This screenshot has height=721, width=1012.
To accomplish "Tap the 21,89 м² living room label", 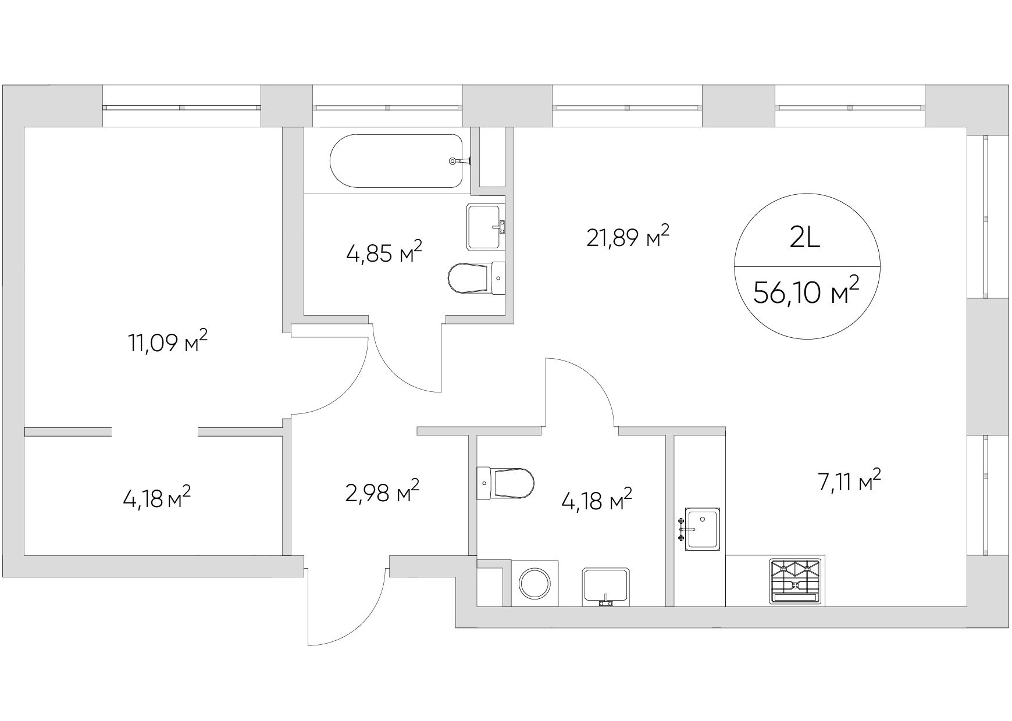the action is [x=628, y=237].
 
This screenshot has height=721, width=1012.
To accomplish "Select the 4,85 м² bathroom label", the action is [x=384, y=254].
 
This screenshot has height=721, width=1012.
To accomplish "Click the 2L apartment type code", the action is [x=806, y=239].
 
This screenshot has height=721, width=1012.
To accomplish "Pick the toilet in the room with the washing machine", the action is [x=505, y=483].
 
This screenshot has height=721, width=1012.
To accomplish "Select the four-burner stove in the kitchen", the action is [x=795, y=581].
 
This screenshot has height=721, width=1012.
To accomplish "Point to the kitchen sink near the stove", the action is [x=701, y=529].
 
